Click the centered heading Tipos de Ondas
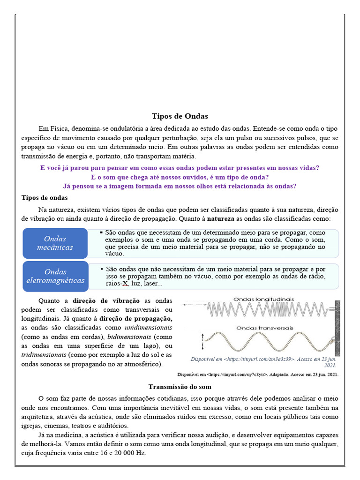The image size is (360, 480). (x=180, y=116)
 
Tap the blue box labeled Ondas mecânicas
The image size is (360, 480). (x=55, y=243)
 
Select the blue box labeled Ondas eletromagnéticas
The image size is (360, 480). (x=55, y=276)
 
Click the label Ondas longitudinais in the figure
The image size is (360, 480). (x=263, y=299)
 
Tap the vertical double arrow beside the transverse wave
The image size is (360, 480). (x=203, y=341)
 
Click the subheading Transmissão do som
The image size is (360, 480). (x=180, y=387)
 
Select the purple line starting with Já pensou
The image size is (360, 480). (x=180, y=186)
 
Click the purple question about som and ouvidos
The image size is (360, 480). (x=180, y=177)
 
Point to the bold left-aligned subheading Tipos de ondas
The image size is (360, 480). (x=45, y=198)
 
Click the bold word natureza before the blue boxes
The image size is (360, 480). (x=222, y=218)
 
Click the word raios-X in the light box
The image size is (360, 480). (x=117, y=284)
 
